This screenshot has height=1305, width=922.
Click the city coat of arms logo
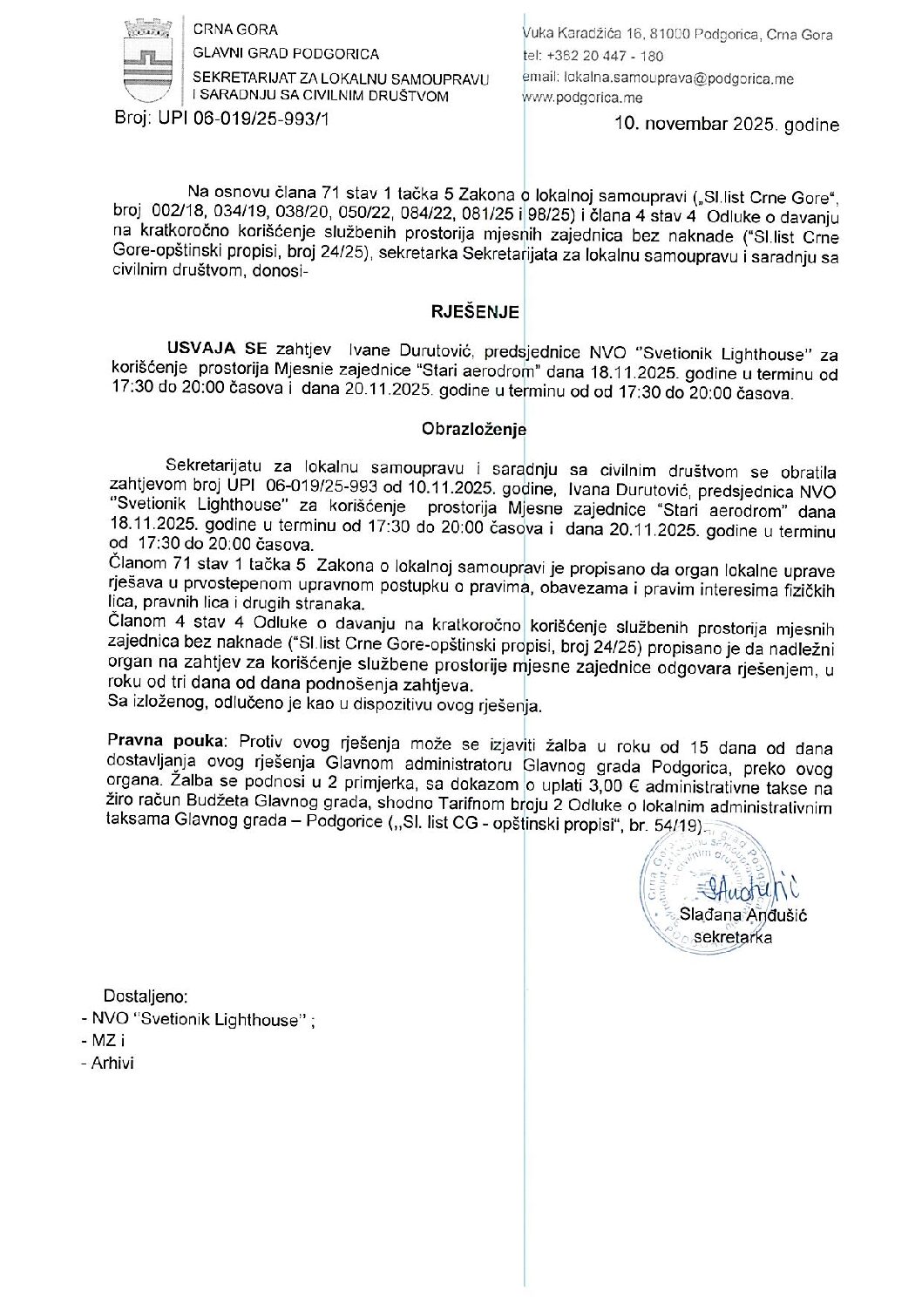tap(146, 61)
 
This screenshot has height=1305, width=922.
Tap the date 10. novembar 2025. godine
tap(727, 125)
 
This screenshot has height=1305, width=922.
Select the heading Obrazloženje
tap(474, 429)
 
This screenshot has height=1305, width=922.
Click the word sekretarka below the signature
tap(732, 937)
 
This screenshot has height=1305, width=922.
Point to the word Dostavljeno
tap(146, 996)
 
